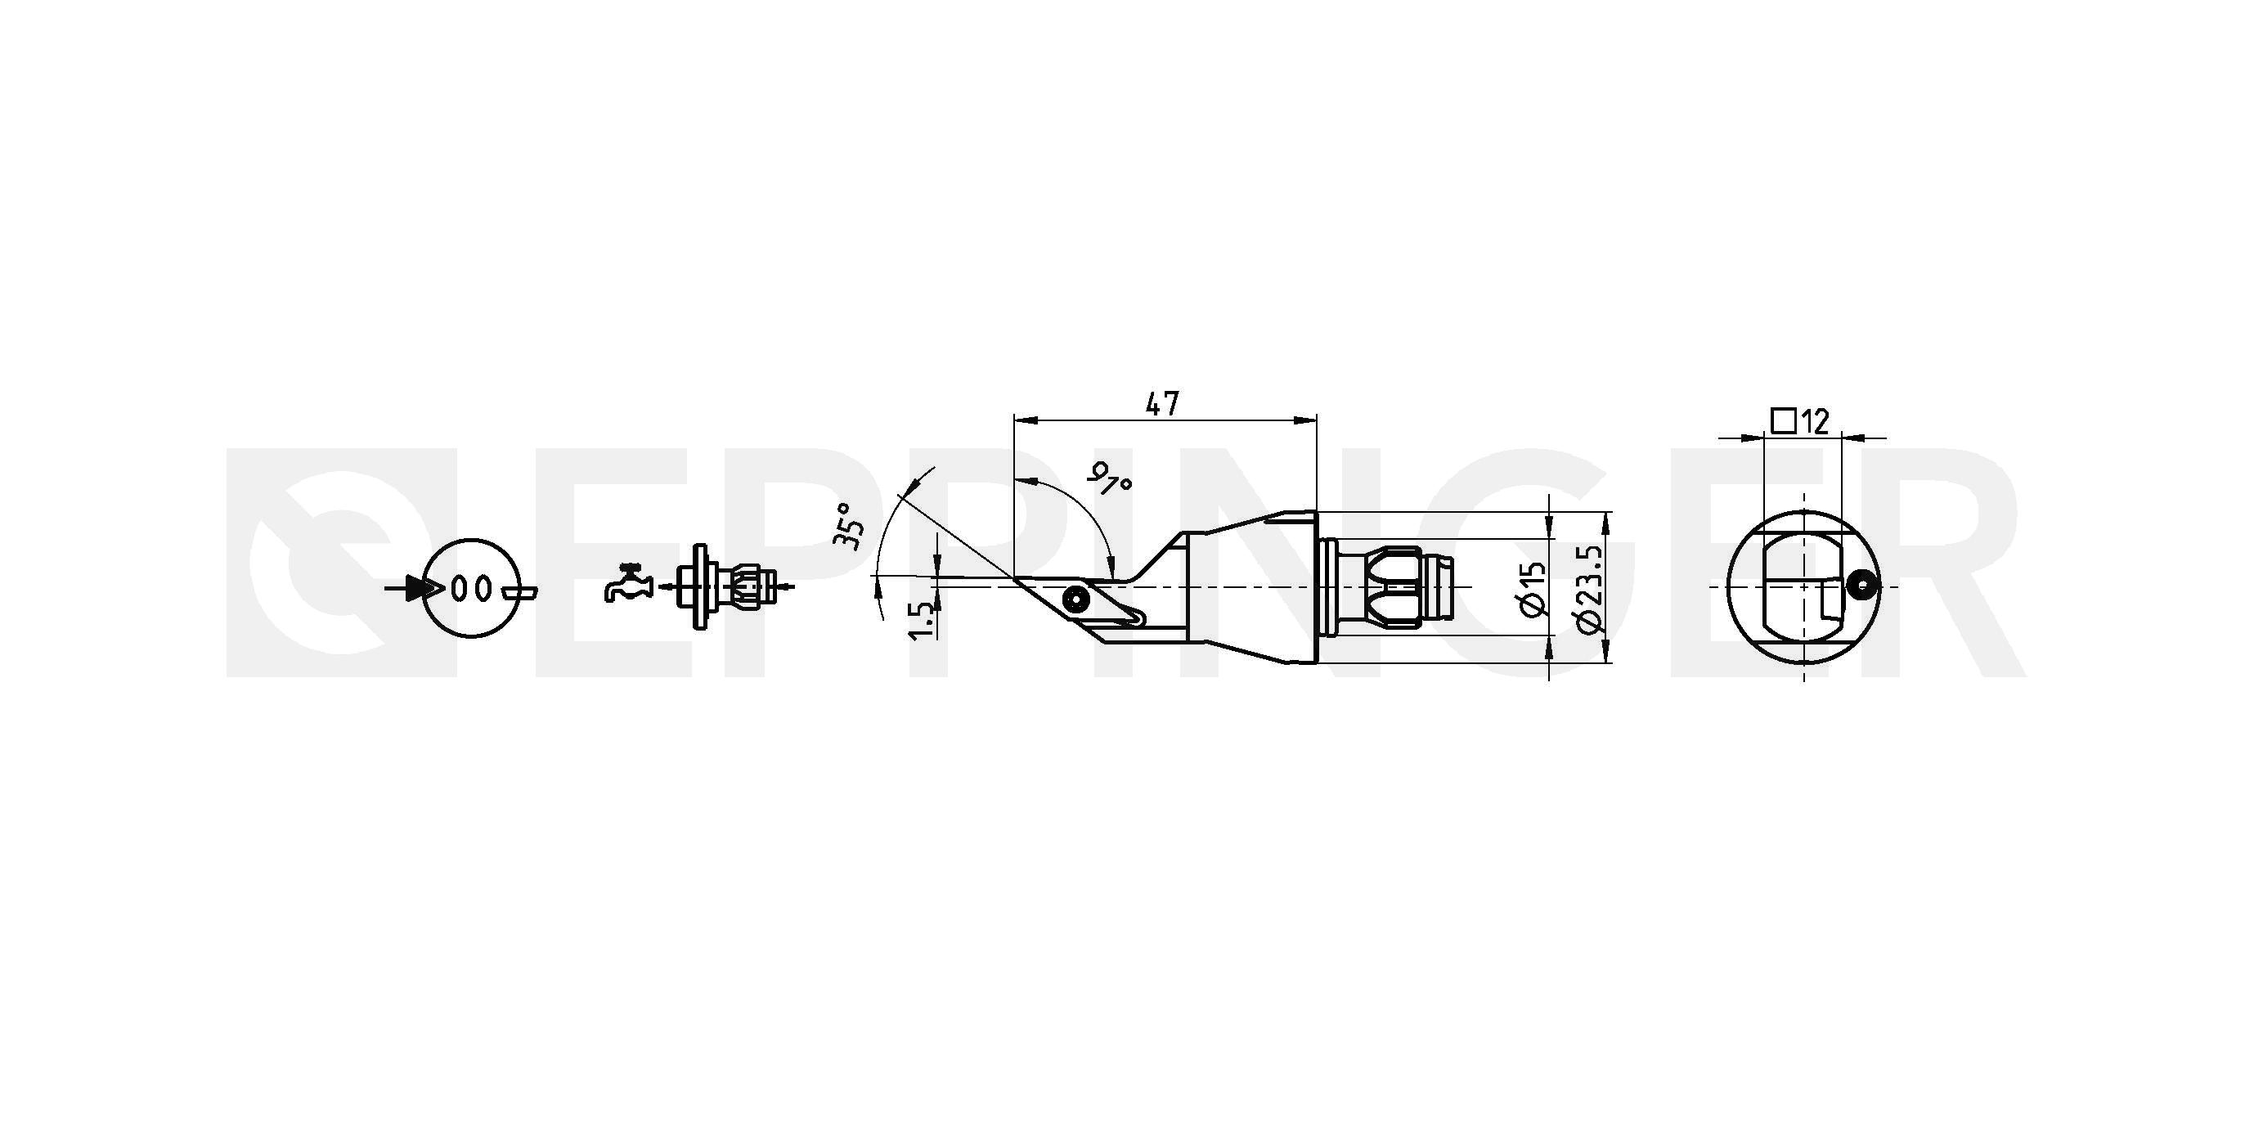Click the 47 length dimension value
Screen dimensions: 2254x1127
1162,403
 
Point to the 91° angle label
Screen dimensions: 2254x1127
1110,477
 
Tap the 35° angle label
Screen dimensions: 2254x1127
847,525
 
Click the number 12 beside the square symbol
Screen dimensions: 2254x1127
1816,422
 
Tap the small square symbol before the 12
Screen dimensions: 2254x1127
1784,421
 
